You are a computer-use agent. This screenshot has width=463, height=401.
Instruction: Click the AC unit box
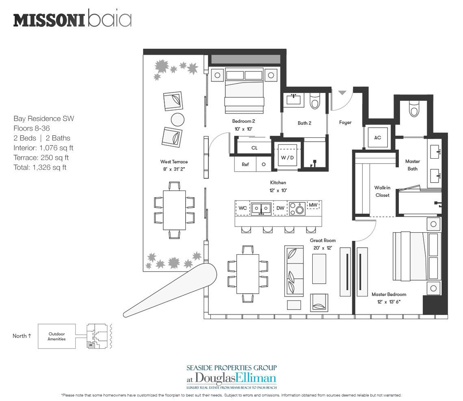click(377, 137)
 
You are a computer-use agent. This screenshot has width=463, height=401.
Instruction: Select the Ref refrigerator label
click(245, 164)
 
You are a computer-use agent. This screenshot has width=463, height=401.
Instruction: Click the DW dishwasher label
click(280, 208)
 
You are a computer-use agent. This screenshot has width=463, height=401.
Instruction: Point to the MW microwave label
click(313, 205)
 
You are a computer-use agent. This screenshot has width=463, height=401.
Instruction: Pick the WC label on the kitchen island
click(243, 208)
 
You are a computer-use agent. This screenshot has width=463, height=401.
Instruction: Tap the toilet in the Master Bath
click(414, 109)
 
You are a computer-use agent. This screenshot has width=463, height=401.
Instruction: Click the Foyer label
click(345, 122)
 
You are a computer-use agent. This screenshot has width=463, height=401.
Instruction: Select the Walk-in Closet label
click(383, 191)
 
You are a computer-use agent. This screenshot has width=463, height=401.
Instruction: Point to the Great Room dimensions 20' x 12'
click(323, 248)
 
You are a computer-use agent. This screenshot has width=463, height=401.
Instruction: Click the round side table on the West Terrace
click(177, 120)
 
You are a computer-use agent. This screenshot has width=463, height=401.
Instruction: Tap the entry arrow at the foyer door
click(342, 93)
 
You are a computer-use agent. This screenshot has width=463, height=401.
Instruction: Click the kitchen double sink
click(261, 209)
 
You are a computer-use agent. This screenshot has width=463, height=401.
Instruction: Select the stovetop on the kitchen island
click(297, 209)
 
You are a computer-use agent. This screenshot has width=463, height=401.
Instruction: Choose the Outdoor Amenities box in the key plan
click(57, 336)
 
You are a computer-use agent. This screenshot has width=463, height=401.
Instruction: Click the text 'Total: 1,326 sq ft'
click(40, 168)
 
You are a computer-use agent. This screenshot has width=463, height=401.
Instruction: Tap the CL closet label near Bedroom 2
click(255, 148)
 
